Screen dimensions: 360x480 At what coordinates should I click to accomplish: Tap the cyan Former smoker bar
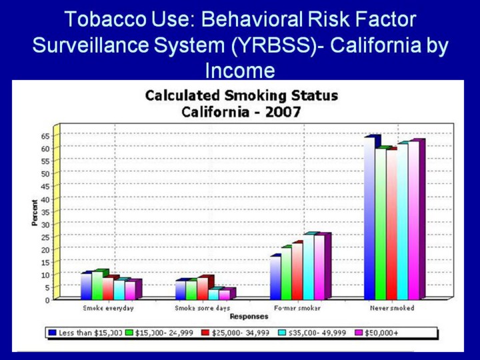pos(309,267)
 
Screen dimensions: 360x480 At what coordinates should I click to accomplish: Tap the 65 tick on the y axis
pos(45,135)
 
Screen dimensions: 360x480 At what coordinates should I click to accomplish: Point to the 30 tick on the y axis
pos(45,224)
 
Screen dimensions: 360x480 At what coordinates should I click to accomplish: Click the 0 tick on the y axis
pos(47,300)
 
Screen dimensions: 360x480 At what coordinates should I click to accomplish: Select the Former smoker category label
pos(297,308)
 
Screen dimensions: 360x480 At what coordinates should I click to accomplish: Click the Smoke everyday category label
pos(108,308)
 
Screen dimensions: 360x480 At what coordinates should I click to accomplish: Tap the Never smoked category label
pos(392,308)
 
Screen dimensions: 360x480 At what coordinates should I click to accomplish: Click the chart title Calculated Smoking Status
pos(241,95)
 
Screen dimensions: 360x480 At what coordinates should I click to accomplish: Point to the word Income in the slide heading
pos(239,70)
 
